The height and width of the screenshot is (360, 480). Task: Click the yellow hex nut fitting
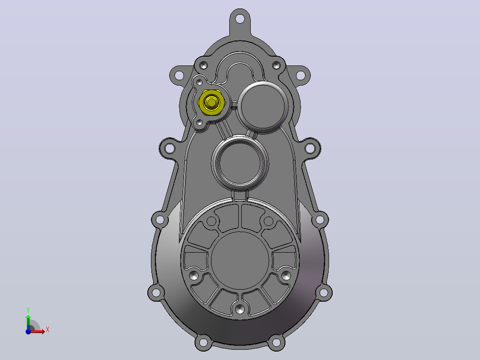[212, 102]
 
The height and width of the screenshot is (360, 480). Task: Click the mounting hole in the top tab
[240, 19]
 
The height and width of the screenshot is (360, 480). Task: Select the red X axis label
[48, 330]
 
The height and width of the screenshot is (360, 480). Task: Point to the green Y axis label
[28, 310]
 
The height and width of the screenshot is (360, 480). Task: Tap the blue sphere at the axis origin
[28, 331]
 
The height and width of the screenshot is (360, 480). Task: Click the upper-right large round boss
[263, 106]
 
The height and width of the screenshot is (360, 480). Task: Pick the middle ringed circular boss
[240, 162]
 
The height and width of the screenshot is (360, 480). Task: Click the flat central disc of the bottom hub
[240, 261]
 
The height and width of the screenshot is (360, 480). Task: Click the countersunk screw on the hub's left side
[194, 275]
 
